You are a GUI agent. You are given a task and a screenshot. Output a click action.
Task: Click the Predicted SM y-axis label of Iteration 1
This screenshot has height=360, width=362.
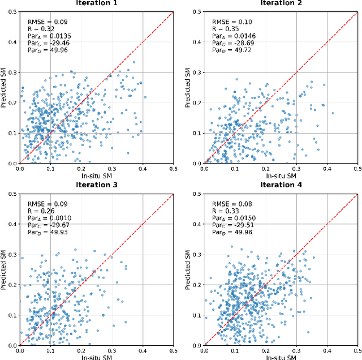[x=4, y=87]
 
